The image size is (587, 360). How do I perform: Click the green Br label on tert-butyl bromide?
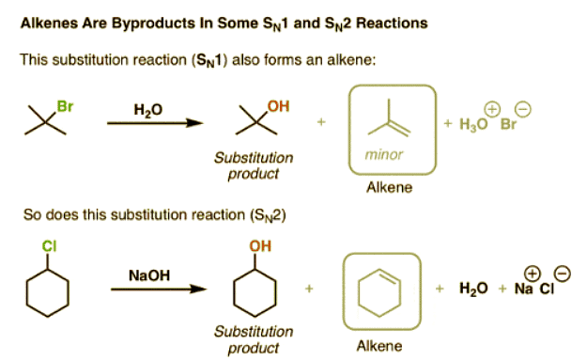tap(65, 106)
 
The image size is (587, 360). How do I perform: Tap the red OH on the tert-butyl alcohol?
tap(277, 105)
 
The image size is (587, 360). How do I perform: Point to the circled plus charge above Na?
tap(532, 273)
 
